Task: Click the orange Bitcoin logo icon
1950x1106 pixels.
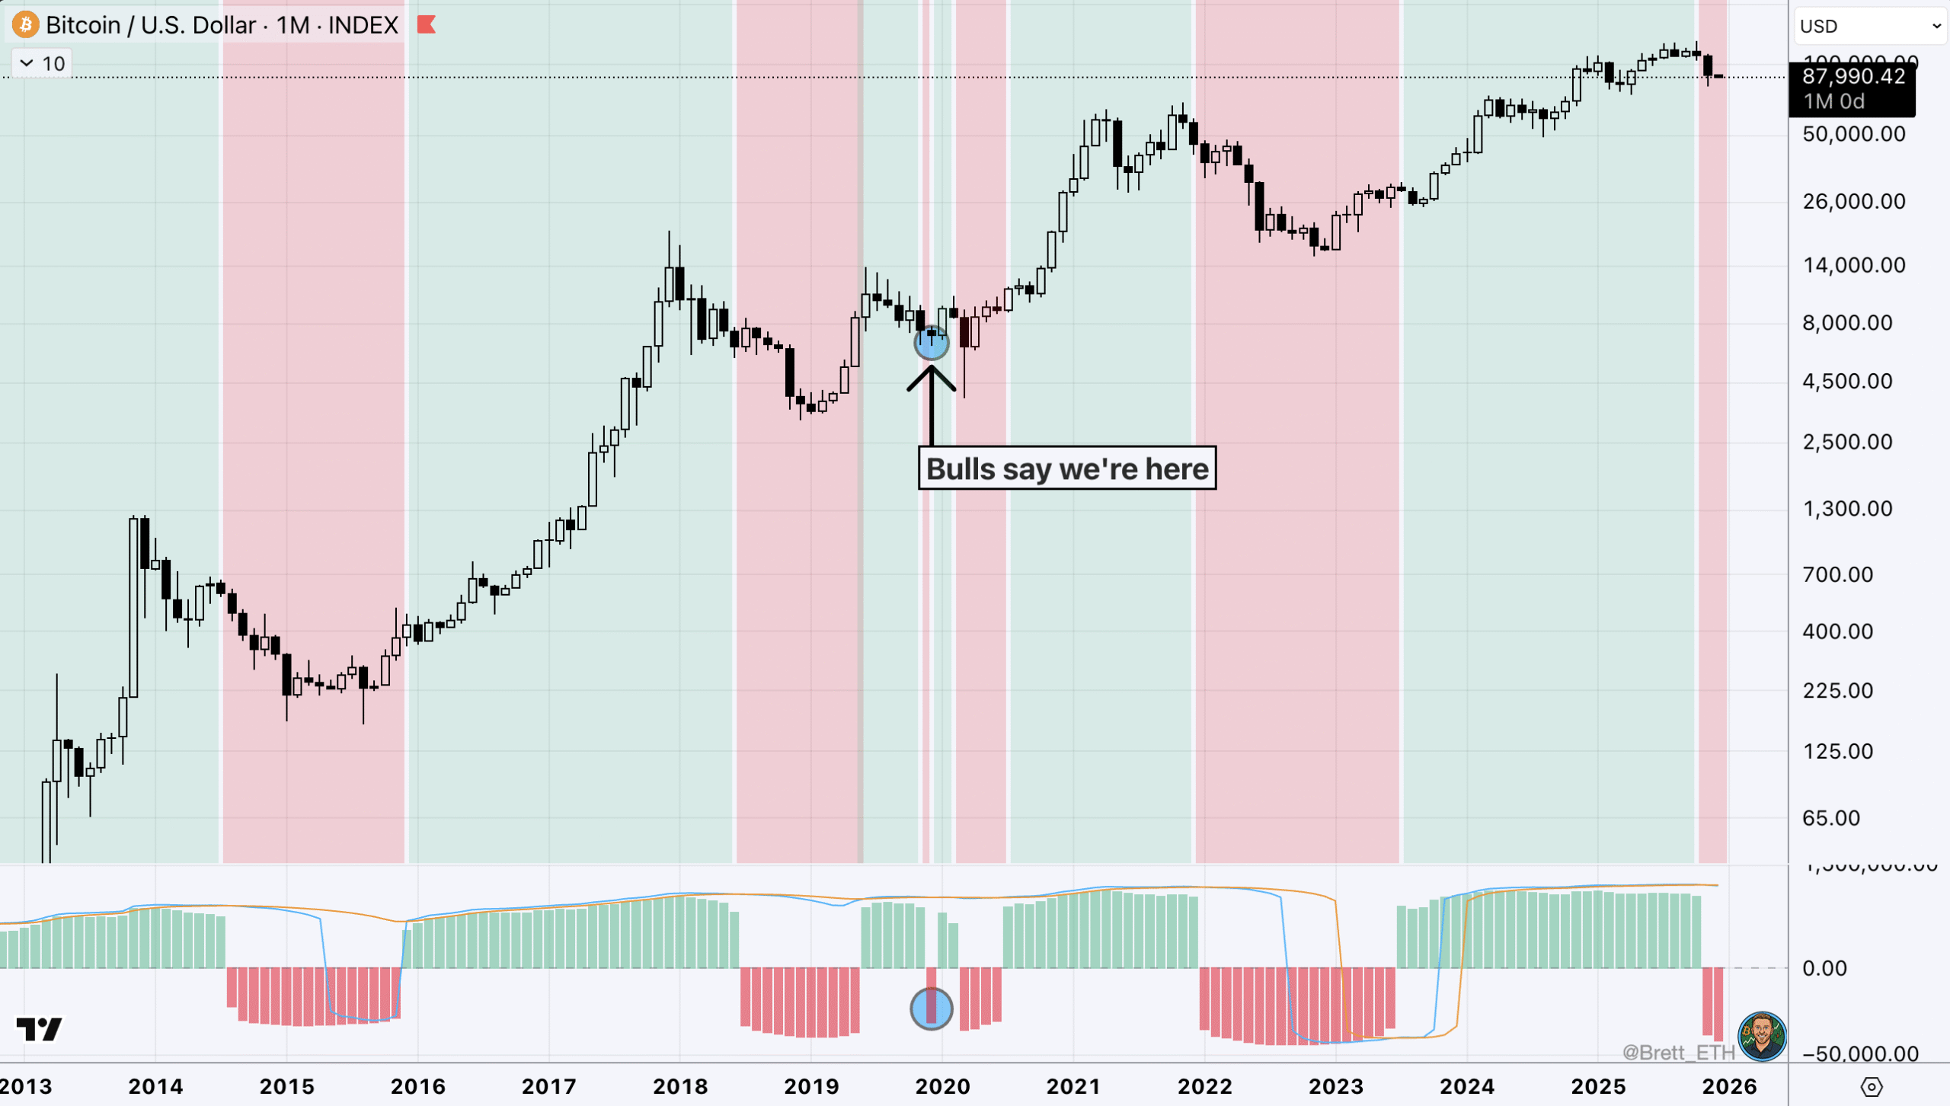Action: click(x=25, y=25)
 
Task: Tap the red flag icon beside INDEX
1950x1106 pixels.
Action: click(x=427, y=25)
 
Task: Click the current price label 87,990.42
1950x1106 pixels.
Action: click(x=1852, y=77)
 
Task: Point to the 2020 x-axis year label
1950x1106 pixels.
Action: click(x=942, y=1086)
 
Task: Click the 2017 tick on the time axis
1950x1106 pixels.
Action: click(x=548, y=1086)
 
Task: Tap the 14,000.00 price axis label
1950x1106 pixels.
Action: click(x=1853, y=265)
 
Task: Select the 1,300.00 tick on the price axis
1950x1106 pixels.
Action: click(x=1847, y=509)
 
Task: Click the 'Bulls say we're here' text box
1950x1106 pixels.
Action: click(x=1067, y=468)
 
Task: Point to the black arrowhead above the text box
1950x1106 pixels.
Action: click(x=931, y=377)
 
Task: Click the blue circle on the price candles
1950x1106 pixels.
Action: click(x=931, y=343)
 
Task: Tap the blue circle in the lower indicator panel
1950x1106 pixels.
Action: click(x=931, y=1009)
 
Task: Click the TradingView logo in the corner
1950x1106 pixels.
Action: click(x=40, y=1030)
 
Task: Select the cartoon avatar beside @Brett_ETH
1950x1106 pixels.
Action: click(x=1762, y=1036)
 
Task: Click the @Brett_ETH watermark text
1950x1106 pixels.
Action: click(x=1677, y=1053)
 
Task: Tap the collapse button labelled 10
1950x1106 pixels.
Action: click(x=42, y=63)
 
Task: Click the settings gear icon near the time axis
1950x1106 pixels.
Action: click(x=1872, y=1087)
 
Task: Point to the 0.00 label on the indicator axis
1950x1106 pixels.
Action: click(x=1824, y=968)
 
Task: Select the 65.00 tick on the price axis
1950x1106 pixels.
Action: click(x=1831, y=818)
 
